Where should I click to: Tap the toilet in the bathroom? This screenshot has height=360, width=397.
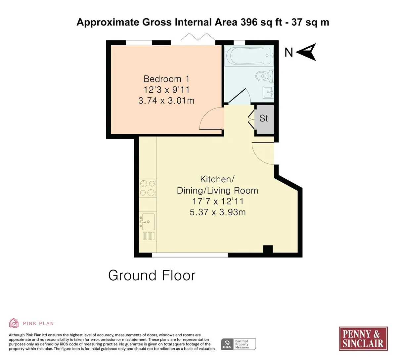coord(265,76)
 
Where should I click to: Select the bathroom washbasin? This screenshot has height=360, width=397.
coord(268,92)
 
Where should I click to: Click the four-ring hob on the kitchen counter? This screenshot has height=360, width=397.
coord(148,188)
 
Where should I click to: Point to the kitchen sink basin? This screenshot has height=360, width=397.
coord(148,222)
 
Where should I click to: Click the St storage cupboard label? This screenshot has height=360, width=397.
coord(264,118)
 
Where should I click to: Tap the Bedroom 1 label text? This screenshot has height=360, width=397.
coord(166,79)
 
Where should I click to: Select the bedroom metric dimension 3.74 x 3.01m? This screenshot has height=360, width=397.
coord(166,101)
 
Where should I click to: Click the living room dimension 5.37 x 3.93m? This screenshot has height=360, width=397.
coord(217,212)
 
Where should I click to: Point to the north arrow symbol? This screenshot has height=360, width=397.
coord(306,52)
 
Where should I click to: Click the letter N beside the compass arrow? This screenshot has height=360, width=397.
coord(288,53)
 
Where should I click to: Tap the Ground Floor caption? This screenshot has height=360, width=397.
coord(152,275)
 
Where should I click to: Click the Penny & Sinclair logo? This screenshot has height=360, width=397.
coord(363,339)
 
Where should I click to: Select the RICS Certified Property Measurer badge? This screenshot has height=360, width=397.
coord(239,344)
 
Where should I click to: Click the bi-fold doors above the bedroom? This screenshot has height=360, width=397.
coord(198,37)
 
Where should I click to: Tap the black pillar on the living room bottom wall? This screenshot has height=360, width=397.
coord(268,249)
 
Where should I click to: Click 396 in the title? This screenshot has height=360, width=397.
coord(249,22)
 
